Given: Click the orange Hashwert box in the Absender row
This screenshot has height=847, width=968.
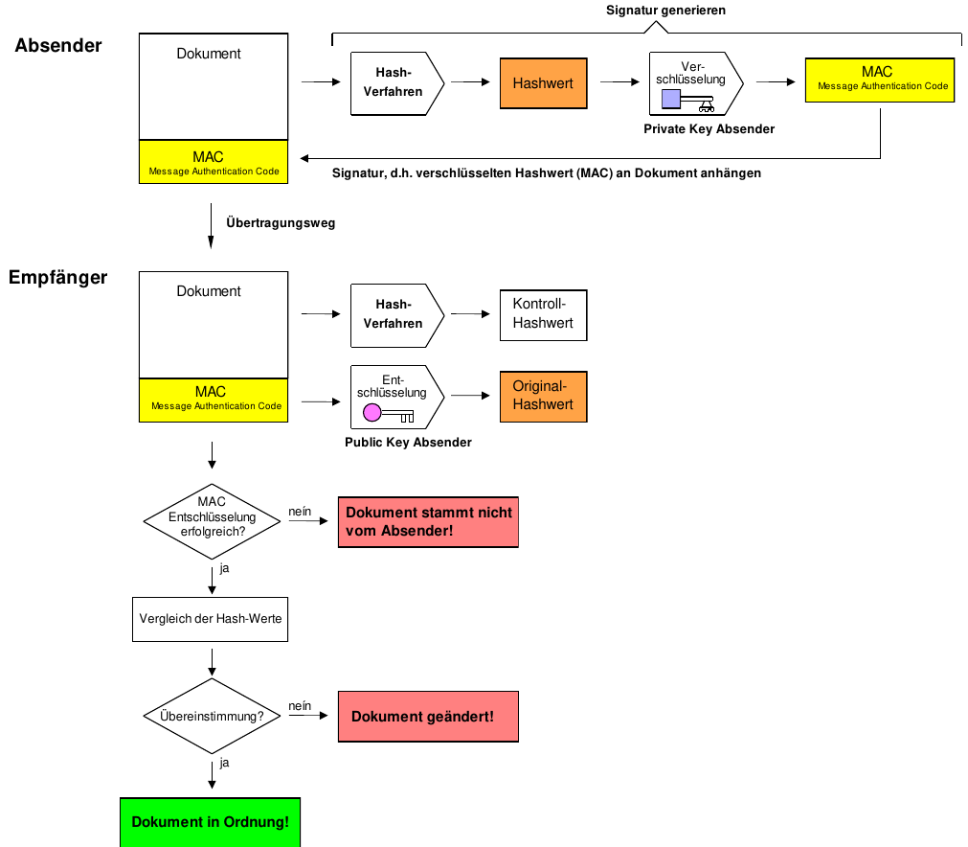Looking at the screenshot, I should pos(543,83).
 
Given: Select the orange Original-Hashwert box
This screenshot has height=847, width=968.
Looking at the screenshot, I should pos(543,396).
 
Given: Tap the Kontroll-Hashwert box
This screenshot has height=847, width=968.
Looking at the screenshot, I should pos(543,314).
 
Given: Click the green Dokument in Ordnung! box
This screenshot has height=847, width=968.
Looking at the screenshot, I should pos(210,822).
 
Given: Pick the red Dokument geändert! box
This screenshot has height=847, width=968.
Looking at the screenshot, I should pos(428,717).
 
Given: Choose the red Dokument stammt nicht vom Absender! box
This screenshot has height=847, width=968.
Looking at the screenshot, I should pos(428,521).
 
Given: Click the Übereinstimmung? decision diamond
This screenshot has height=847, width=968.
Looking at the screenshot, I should pos(212,716).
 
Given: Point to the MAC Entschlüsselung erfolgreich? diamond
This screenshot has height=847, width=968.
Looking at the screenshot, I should pos(212,517).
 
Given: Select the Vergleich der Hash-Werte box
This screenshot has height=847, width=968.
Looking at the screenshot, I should pos(211,619).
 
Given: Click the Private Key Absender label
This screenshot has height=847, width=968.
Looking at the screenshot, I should pos(709,128).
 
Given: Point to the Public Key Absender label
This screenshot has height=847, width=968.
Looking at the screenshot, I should pos(408,443).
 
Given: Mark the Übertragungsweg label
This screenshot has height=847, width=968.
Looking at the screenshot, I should pos(281,222).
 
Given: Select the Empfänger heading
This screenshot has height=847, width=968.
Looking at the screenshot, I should pos(58,278).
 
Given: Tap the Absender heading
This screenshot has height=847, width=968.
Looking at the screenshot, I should pos(58,45).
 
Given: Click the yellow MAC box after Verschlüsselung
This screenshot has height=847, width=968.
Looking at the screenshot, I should pos(880,79).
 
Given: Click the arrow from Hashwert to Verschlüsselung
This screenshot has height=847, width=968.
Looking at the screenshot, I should pos(620,82).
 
